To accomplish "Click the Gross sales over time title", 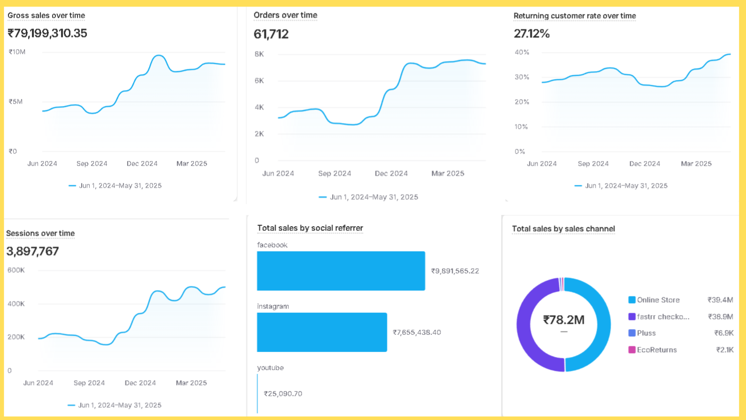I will (x=46, y=16).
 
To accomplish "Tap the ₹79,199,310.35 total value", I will (x=47, y=33).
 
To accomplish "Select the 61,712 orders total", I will (x=271, y=34).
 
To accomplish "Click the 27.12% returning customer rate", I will (x=532, y=34).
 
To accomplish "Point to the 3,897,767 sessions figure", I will (x=33, y=251).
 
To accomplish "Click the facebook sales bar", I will (x=341, y=271).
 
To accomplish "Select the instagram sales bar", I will (x=322, y=332).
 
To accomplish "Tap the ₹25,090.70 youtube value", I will (x=283, y=394).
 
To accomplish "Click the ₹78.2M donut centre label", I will (x=563, y=320).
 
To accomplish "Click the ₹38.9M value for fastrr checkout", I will (x=720, y=317).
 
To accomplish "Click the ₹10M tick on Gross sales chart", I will (x=17, y=52).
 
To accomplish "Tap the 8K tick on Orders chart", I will (x=259, y=54).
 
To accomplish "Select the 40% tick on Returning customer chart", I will (x=522, y=52).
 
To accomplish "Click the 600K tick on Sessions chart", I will (x=16, y=270).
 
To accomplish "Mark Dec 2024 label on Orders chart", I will (x=391, y=173).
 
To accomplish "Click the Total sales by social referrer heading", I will (x=310, y=228).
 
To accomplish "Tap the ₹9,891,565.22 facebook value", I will (x=455, y=271).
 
